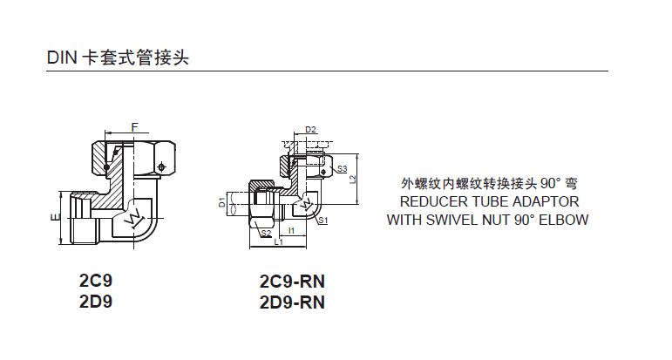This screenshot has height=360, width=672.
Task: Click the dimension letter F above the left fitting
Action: tap(134, 128)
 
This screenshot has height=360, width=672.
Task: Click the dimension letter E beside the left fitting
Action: tap(54, 216)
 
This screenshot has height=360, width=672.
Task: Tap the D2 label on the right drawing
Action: tap(309, 131)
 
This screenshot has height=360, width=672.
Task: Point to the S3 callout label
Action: tap(342, 167)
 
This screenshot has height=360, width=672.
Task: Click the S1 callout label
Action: tap(322, 221)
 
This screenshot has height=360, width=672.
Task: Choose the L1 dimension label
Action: tap(278, 243)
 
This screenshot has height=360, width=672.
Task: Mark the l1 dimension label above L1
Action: tap(292, 231)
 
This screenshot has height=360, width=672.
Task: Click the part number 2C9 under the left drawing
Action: tap(96, 282)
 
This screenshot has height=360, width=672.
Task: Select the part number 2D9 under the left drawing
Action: tap(96, 302)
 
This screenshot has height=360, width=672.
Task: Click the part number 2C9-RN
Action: tap(292, 282)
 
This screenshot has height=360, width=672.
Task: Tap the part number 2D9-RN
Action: tap(292, 302)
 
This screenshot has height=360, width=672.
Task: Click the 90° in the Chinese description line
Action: tap(551, 184)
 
